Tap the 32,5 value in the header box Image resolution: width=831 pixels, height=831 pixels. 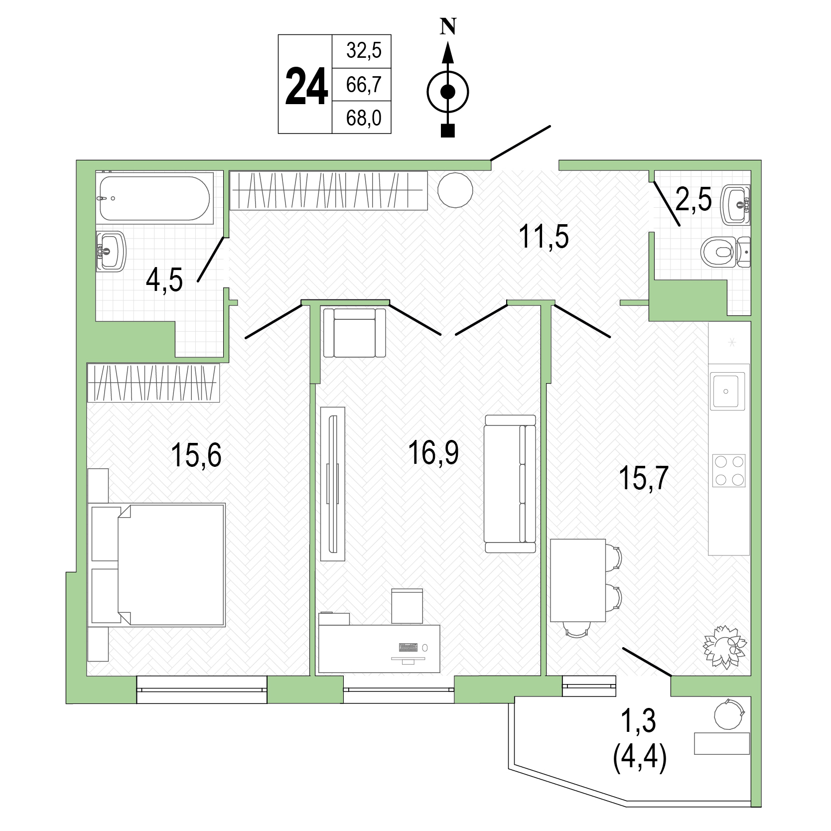point(364,51)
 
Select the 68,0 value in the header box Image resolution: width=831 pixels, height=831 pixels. point(364,118)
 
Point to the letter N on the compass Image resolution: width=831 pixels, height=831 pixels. point(448,27)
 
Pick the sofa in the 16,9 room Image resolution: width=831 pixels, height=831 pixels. point(510,483)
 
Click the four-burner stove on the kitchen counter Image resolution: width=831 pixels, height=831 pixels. point(729,470)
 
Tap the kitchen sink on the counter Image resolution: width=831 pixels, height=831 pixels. point(727,391)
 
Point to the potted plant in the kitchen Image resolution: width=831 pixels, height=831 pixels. point(725,646)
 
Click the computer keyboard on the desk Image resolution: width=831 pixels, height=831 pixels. point(409,648)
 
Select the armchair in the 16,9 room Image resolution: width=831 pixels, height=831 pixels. point(354,332)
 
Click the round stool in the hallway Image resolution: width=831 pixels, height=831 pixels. point(455,190)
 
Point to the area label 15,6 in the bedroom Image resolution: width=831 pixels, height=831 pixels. point(196,455)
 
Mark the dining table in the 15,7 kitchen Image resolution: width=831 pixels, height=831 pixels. point(577,580)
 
